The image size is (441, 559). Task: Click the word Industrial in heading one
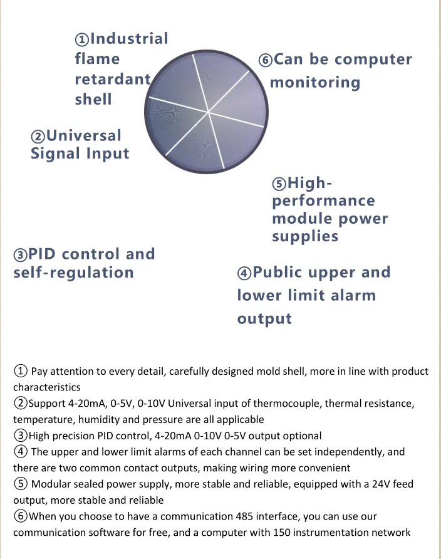coord(130,39)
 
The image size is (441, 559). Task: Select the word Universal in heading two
coord(84,135)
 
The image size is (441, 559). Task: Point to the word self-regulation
coord(74,273)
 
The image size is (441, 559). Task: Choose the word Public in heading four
coord(286,273)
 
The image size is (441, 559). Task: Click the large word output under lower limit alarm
coord(264,318)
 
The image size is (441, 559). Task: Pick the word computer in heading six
coord(373,60)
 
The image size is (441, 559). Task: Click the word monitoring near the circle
coord(315,83)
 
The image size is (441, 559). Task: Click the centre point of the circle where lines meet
coord(209,112)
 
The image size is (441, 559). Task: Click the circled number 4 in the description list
coord(20,452)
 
